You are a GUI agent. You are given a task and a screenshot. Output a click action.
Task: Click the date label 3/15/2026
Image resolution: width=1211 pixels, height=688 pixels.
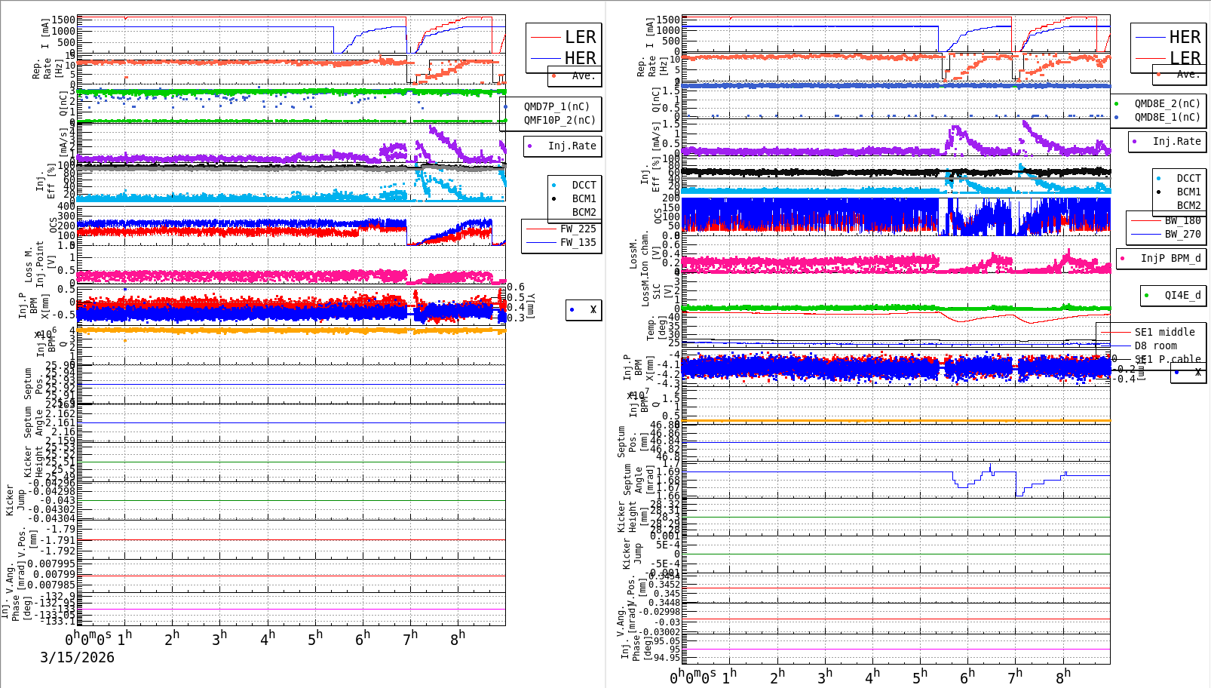click(x=77, y=657)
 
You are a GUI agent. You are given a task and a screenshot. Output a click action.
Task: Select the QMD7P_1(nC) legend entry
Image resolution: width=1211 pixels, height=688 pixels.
click(x=556, y=106)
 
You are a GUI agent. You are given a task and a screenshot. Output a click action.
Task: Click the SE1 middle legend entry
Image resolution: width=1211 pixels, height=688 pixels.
click(x=1164, y=332)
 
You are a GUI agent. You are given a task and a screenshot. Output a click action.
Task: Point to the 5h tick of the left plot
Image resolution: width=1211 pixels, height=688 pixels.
click(x=315, y=638)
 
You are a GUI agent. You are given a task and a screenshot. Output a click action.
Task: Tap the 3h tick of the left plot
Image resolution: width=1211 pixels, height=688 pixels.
click(x=219, y=638)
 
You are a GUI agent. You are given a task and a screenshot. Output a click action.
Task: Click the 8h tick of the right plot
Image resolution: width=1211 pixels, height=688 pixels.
click(x=1062, y=677)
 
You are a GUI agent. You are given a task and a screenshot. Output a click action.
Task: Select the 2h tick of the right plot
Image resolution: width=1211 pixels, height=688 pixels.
click(x=776, y=677)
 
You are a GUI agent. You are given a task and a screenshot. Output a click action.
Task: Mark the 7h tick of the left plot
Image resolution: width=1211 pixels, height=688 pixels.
click(x=410, y=638)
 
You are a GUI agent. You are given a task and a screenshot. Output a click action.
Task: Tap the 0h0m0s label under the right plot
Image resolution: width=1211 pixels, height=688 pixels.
click(x=692, y=677)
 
